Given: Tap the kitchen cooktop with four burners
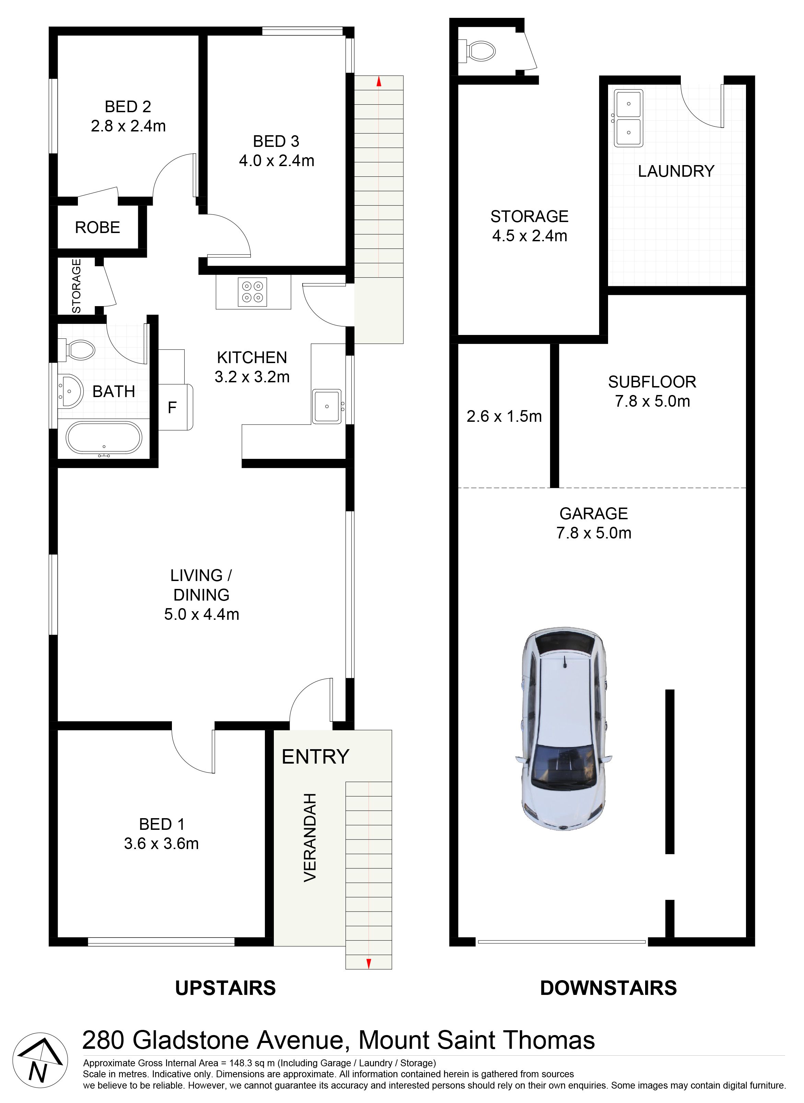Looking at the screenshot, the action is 252,292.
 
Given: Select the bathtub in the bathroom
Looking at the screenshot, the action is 104,439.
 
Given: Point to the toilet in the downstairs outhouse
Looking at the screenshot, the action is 477,51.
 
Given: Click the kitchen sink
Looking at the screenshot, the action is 327,406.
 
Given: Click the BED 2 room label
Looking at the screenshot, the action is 128,107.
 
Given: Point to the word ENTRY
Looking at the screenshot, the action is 315,757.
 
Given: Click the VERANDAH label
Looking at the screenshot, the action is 310,838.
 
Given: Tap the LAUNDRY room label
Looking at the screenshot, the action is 676,171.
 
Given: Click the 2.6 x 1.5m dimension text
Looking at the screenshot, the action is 504,416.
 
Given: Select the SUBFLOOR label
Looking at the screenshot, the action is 652,382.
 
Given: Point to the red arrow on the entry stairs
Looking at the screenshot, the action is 369,963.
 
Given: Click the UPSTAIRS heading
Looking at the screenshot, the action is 225,988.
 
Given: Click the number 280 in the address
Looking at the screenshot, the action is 104,1040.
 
